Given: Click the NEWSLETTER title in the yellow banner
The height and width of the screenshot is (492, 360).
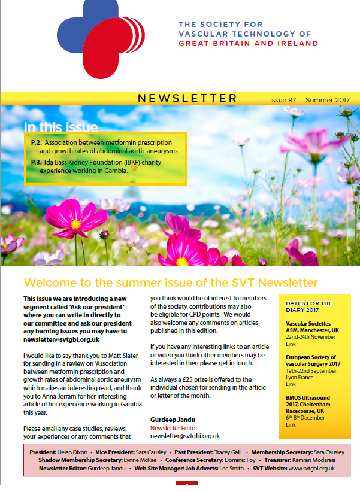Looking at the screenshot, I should [187, 98].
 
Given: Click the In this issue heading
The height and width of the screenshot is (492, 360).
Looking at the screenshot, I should [60, 127].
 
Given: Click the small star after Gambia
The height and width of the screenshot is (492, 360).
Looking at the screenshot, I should [134, 168].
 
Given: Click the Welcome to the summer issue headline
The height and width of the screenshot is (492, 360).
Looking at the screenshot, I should [171, 282].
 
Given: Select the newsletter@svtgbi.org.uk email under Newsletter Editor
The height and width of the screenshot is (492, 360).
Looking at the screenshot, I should [185, 436].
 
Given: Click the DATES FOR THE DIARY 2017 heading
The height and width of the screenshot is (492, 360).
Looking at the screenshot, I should [309, 306].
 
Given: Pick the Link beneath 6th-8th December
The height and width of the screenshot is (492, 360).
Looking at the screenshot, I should [291, 425].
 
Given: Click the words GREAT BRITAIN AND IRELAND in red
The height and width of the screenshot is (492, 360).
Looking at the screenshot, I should [249, 44].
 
